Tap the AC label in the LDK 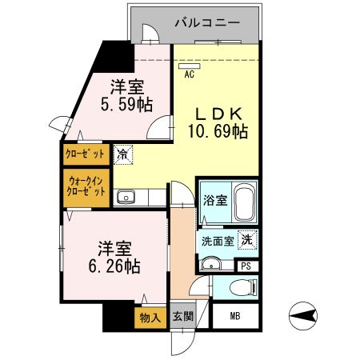(190, 74)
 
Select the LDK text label (216, 112)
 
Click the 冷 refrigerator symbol (123, 152)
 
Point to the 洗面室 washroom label (217, 240)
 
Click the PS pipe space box (246, 266)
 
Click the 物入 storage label (149, 317)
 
